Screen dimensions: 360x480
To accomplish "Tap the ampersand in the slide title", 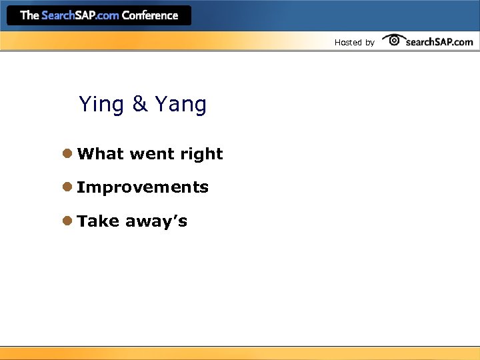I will (x=140, y=104).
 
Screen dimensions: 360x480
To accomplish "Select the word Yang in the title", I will (x=181, y=105).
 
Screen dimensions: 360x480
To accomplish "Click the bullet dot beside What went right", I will (x=67, y=153).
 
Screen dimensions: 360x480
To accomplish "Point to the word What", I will (x=101, y=154).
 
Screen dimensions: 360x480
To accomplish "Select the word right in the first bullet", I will (x=201, y=155).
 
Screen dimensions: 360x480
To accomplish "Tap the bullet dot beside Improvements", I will (x=67, y=187).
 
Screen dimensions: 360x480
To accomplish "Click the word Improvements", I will (x=143, y=188).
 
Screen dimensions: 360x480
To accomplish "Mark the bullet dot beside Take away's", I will (x=67, y=221).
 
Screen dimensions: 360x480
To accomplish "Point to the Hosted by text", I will (x=354, y=43).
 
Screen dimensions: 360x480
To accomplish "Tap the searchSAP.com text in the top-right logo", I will (x=439, y=42).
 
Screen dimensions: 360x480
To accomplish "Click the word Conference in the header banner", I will (x=150, y=15).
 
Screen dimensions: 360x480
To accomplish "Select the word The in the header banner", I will (x=29, y=15).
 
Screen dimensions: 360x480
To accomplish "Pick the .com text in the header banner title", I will (x=107, y=15).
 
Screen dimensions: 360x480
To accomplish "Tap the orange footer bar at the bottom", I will (x=240, y=353).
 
